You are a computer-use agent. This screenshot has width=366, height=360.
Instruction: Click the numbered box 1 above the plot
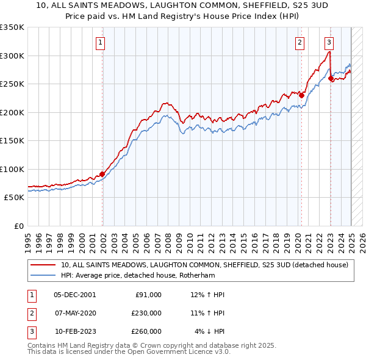tap(99, 43)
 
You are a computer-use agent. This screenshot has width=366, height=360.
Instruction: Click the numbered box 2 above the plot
tap(300, 43)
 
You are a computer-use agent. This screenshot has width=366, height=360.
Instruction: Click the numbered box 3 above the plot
tap(329, 43)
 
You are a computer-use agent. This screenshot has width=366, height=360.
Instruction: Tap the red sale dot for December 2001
tap(102, 174)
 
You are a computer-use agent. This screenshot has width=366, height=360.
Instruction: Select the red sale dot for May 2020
tap(301, 95)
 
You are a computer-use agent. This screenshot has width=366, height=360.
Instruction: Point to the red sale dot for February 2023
tap(331, 78)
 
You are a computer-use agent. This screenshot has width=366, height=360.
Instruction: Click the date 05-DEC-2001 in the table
tap(75, 295)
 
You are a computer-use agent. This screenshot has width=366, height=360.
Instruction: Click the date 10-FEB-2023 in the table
tap(75, 331)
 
